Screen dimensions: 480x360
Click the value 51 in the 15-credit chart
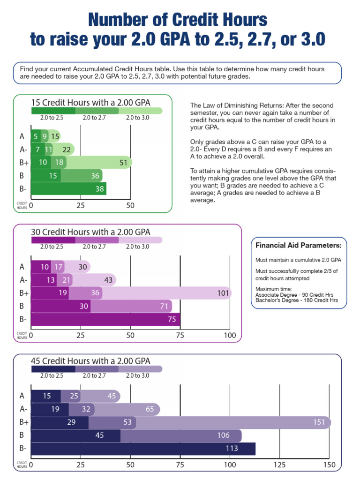124,163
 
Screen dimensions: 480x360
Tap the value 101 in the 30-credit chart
223,293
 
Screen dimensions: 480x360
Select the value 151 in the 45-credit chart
319,422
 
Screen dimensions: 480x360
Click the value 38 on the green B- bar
99,189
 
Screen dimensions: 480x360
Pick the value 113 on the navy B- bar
245,449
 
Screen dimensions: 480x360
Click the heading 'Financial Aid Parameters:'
298,246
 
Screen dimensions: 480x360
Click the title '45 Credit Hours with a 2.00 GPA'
90,361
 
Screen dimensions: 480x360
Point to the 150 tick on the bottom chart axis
330,465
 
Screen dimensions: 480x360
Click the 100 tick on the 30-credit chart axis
230,336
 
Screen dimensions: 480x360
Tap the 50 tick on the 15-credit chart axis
130,205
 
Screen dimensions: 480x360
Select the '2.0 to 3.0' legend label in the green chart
137,118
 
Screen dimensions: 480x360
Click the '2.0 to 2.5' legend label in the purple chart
52,247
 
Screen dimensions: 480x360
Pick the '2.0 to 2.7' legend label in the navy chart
94,375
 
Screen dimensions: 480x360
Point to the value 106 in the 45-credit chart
223,435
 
